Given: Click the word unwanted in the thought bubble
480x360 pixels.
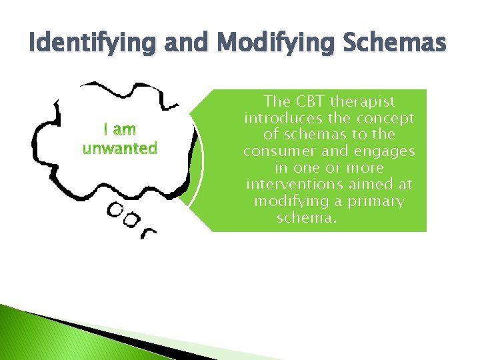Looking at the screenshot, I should click(x=120, y=147).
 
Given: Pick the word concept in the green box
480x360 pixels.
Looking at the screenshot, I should click(x=387, y=119).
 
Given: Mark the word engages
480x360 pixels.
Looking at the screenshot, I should click(x=387, y=151).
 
